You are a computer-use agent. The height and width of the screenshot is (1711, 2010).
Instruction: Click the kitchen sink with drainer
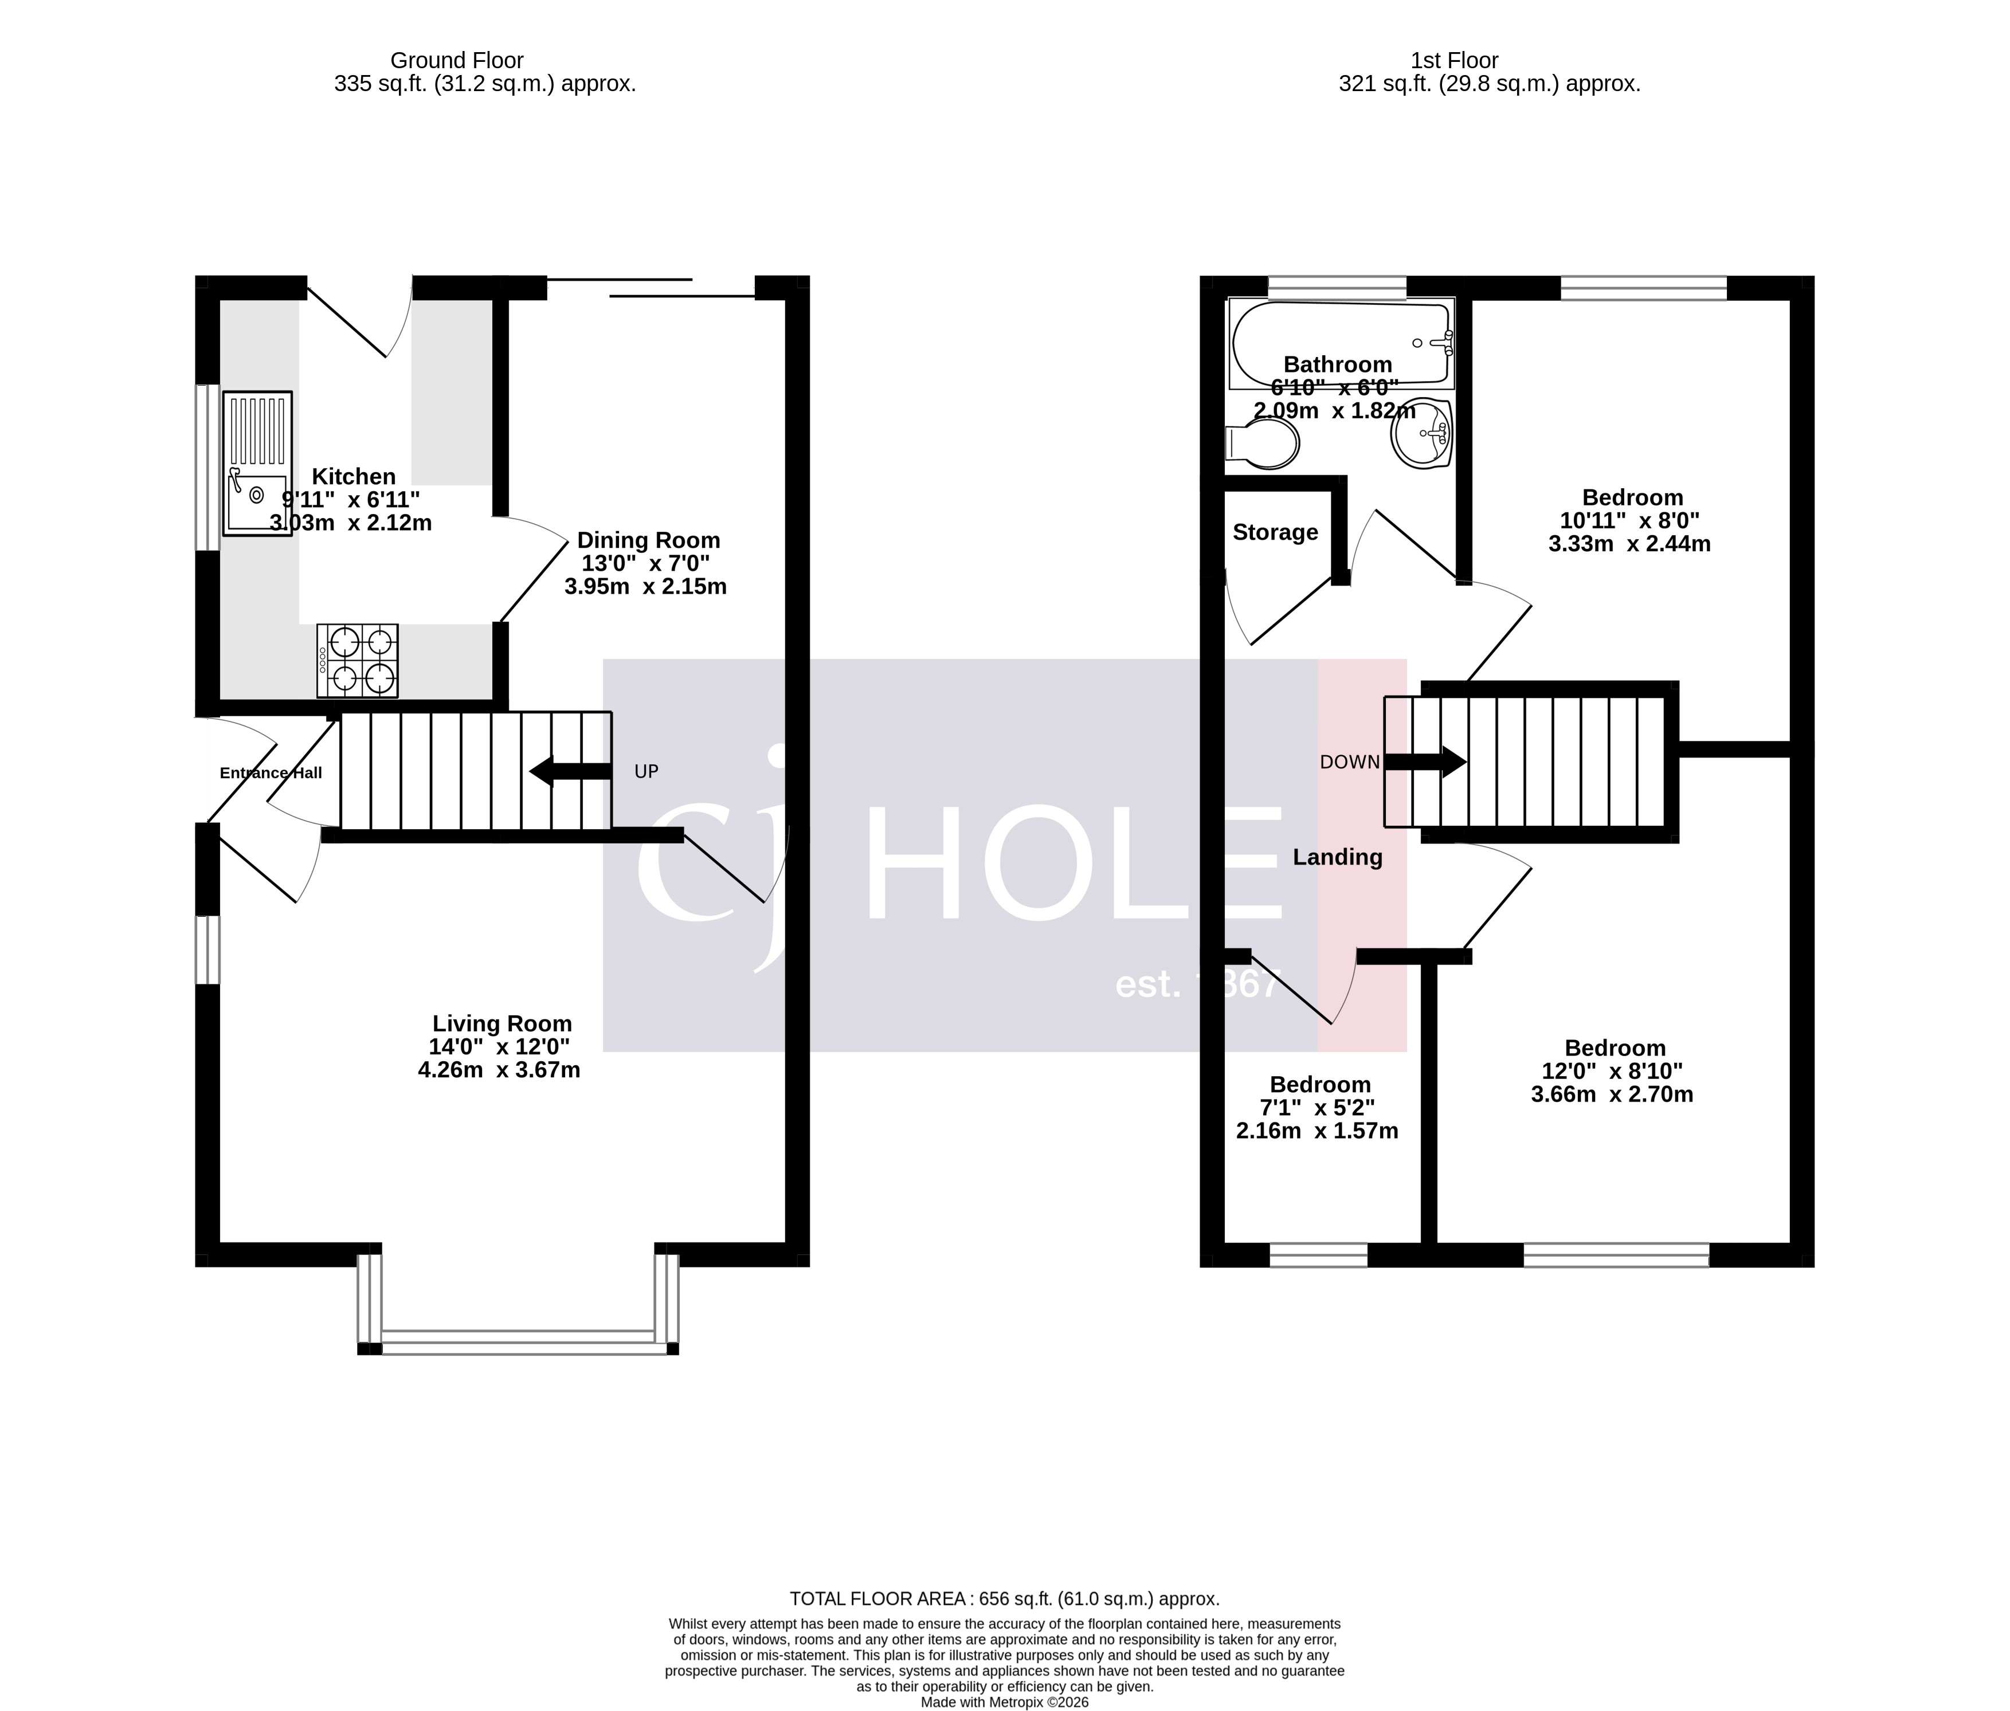pyautogui.click(x=257, y=464)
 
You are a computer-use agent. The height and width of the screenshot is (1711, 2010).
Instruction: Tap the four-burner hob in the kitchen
pyautogui.click(x=357, y=660)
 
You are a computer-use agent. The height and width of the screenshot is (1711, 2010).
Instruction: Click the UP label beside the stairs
pyautogui.click(x=646, y=771)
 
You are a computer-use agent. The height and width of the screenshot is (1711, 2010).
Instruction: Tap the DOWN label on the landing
pyautogui.click(x=1349, y=762)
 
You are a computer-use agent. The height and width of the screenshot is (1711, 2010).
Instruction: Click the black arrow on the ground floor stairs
pyautogui.click(x=570, y=772)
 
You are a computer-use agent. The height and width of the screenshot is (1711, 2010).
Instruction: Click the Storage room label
pyautogui.click(x=1275, y=532)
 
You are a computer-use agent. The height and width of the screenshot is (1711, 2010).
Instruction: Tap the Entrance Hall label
pyautogui.click(x=271, y=773)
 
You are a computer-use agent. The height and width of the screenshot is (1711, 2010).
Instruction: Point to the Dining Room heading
pyautogui.click(x=648, y=540)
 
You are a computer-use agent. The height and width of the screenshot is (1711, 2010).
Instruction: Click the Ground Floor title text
pyautogui.click(x=456, y=60)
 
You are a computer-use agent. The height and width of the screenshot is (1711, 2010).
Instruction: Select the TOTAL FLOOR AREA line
pyautogui.click(x=1004, y=1599)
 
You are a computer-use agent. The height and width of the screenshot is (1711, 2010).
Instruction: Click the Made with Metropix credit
pyautogui.click(x=1004, y=1701)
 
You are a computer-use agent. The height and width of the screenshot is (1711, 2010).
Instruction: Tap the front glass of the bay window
pyautogui.click(x=518, y=1343)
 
